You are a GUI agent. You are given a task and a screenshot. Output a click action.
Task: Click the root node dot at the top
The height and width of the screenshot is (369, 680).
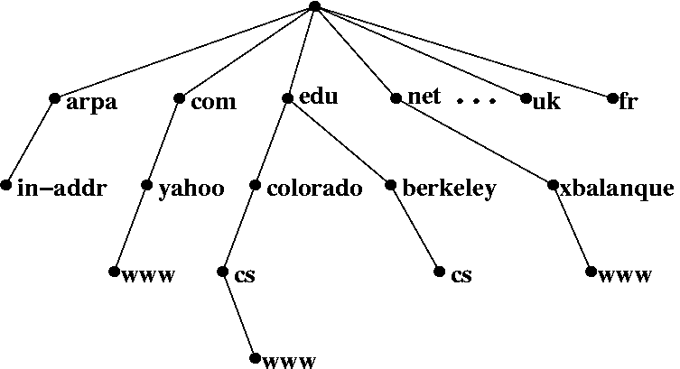click(x=313, y=6)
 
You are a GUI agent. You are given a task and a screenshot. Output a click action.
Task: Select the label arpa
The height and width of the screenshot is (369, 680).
click(x=91, y=102)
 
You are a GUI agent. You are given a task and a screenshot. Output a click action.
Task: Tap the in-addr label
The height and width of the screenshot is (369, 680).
click(x=61, y=189)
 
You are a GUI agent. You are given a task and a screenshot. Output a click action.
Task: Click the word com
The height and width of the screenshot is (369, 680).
click(x=213, y=102)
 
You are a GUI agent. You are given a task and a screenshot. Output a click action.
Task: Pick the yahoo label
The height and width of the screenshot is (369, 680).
click(x=191, y=189)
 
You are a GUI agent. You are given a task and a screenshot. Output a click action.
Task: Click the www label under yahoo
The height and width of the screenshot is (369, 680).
click(x=147, y=273)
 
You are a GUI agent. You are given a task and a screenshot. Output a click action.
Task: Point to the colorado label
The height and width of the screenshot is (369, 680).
click(x=314, y=189)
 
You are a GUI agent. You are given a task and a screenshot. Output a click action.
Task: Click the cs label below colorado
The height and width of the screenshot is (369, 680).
click(x=245, y=275)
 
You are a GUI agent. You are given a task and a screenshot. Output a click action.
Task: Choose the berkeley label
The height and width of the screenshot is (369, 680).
click(x=449, y=189)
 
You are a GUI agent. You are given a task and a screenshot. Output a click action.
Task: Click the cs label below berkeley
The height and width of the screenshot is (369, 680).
click(x=461, y=275)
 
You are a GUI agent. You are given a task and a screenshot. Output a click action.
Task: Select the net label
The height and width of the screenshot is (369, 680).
click(x=424, y=97)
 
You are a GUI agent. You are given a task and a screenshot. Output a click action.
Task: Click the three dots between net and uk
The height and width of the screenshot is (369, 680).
click(x=477, y=101)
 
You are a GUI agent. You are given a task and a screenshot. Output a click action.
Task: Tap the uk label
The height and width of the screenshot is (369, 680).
click(x=546, y=102)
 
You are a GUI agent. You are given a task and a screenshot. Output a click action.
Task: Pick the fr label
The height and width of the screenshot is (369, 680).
click(x=629, y=102)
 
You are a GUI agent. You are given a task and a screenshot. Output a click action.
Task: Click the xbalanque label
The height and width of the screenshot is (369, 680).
click(x=617, y=189)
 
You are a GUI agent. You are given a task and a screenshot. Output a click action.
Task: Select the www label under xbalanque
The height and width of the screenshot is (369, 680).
click(x=624, y=275)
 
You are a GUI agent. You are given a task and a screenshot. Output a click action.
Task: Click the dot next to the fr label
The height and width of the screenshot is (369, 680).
click(x=612, y=97)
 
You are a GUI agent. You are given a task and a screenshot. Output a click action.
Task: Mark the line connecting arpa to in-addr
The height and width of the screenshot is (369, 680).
click(x=30, y=142)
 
